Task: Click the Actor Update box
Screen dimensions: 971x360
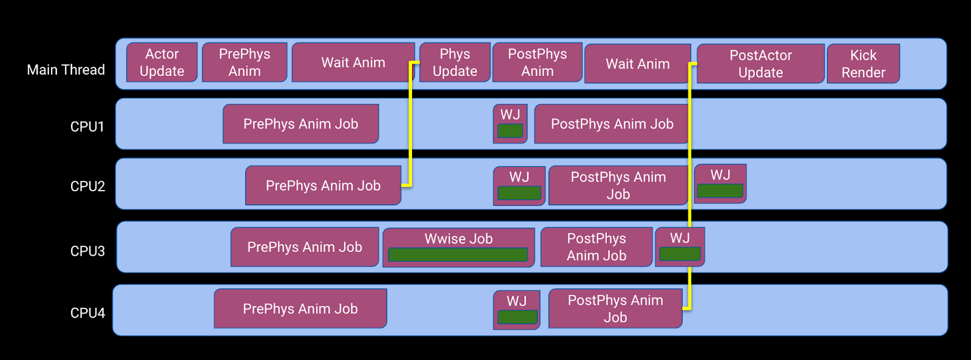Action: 161,62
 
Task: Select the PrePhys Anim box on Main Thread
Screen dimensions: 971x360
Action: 245,62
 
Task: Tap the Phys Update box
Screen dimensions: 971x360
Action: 455,62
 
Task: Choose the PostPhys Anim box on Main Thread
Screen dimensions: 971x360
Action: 537,62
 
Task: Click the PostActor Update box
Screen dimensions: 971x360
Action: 760,63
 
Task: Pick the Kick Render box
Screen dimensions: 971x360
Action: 863,63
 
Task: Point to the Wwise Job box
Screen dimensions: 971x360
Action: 459,248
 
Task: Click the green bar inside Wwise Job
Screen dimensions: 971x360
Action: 458,254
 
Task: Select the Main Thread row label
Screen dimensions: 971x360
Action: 66,69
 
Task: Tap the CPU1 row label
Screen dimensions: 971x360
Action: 87,127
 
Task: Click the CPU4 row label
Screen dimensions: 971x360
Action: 87,313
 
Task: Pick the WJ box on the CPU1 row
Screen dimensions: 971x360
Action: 510,124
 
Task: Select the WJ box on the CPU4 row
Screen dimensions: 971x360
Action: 516,310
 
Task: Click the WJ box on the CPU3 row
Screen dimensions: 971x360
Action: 680,247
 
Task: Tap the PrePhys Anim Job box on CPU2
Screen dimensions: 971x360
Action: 323,185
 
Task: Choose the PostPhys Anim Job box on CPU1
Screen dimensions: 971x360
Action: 612,124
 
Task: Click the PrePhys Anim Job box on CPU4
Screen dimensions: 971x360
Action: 300,308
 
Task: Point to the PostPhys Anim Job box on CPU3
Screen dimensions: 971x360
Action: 597,247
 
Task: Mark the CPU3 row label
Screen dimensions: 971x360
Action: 87,251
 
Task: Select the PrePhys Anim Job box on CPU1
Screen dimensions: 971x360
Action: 301,124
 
